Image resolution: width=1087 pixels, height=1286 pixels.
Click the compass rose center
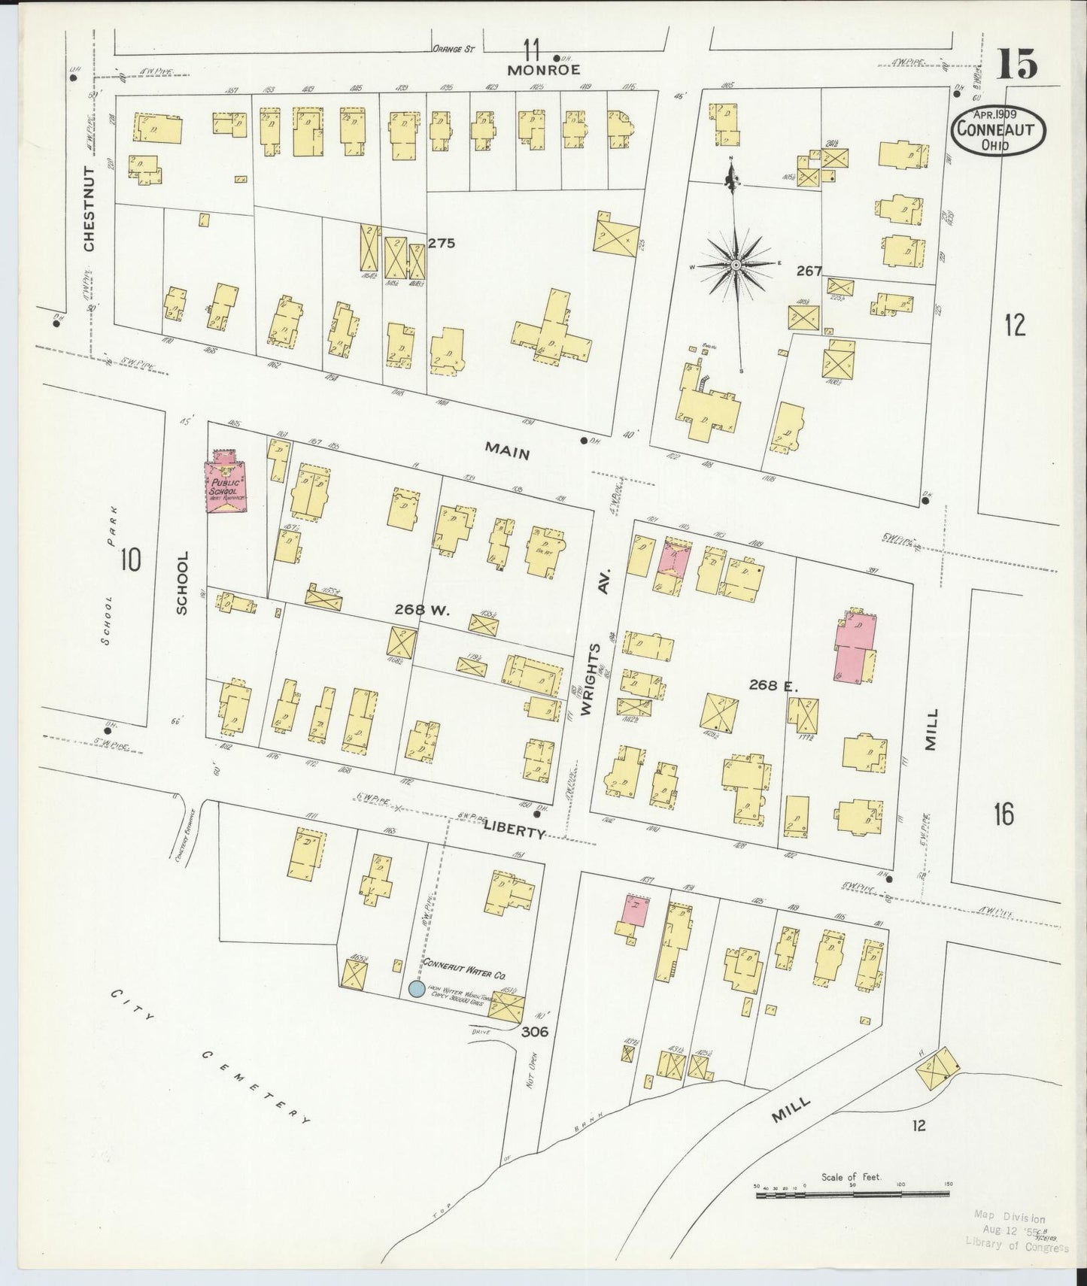(736, 265)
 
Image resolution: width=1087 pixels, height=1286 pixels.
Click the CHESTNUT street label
(90, 208)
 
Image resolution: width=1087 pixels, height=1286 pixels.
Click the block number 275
(442, 244)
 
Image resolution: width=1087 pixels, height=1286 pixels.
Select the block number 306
(534, 1032)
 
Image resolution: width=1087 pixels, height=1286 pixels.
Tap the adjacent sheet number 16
(1003, 814)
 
